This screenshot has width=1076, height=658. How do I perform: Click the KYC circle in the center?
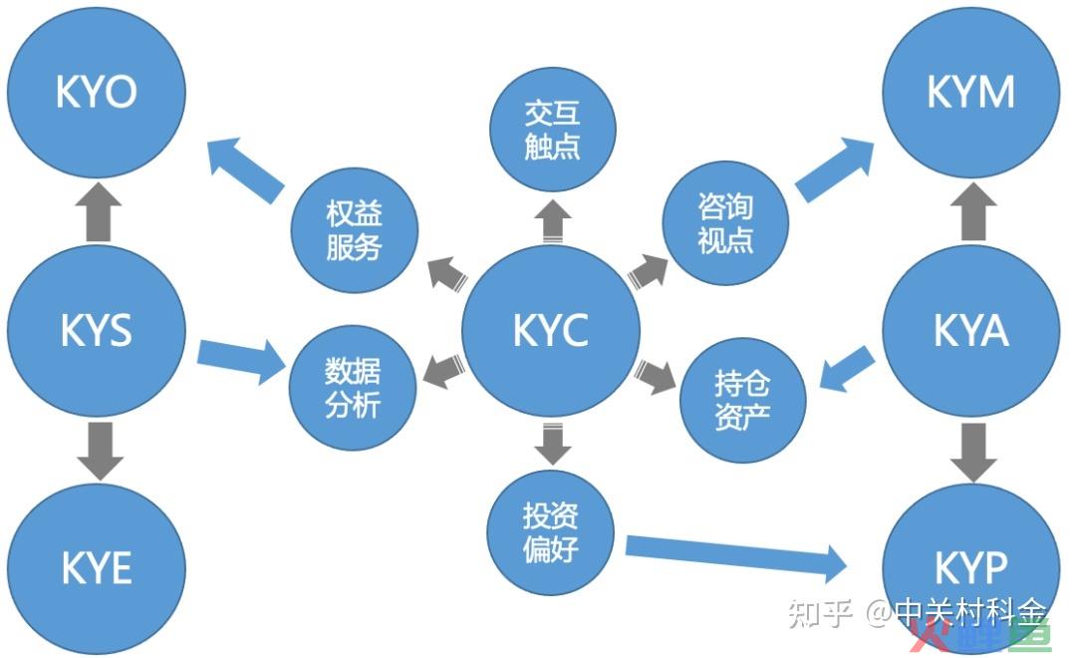[x=550, y=330]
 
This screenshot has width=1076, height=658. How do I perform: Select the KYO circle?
[x=97, y=92]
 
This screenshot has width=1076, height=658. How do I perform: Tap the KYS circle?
[x=97, y=330]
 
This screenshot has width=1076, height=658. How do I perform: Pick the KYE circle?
[x=97, y=568]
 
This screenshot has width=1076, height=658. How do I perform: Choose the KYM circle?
[x=971, y=92]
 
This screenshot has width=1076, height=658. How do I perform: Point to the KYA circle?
[x=971, y=330]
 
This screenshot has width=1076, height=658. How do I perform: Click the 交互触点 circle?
[x=552, y=130]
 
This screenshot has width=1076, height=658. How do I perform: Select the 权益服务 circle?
[x=354, y=230]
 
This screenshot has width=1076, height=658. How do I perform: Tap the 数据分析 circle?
[x=353, y=388]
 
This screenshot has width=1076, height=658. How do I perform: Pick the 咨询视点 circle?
[x=725, y=223]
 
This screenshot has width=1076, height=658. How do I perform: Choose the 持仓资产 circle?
[x=742, y=400]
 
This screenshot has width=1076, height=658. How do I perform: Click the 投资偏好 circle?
[x=550, y=532]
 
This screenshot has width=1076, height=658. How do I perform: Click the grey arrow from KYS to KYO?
[x=98, y=211]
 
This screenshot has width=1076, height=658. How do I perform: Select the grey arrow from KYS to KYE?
[x=101, y=452]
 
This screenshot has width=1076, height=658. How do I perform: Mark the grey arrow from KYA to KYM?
[x=973, y=211]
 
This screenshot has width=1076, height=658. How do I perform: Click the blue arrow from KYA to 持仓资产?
[x=848, y=370]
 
